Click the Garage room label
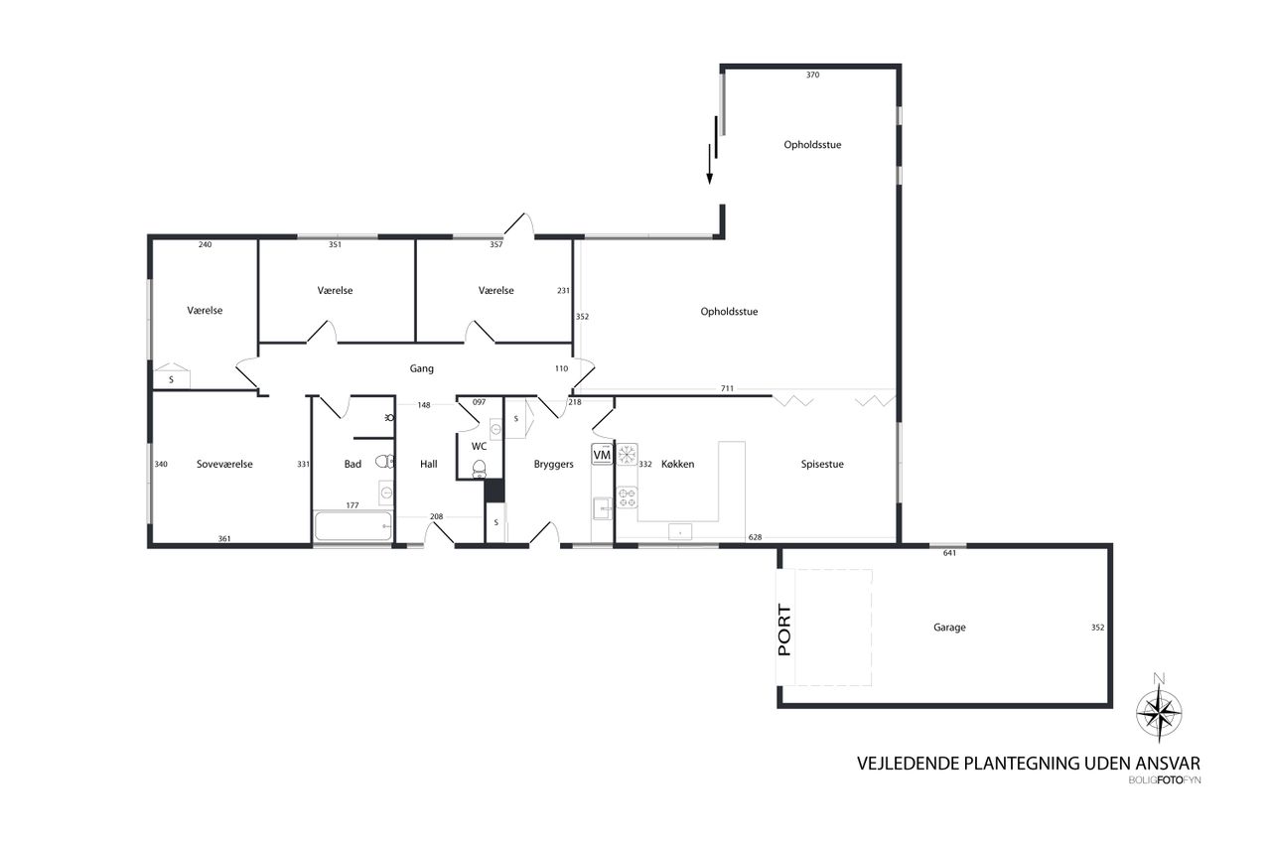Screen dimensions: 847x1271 [x=949, y=628]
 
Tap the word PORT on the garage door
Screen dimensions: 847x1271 [x=784, y=631]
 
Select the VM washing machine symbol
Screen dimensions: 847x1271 [x=601, y=454]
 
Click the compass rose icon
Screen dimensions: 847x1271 [x=1159, y=709]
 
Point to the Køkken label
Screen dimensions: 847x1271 [x=677, y=464]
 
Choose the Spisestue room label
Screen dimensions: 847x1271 [x=822, y=464]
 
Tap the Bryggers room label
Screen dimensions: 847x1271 [x=554, y=464]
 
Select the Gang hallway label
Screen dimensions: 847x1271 [x=422, y=368]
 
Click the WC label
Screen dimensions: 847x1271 [x=479, y=445]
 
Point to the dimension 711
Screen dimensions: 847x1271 [x=727, y=388]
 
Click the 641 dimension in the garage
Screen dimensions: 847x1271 [x=949, y=553]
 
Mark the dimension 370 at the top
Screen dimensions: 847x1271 [x=812, y=74]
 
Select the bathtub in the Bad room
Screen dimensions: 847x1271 [x=353, y=526]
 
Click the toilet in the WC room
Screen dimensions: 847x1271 [x=479, y=468]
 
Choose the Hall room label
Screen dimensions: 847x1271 [x=429, y=464]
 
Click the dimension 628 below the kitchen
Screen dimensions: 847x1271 [x=755, y=537]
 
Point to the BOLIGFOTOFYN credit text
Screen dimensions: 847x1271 [x=1165, y=780]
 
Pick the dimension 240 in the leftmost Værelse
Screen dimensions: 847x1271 [x=205, y=244]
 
